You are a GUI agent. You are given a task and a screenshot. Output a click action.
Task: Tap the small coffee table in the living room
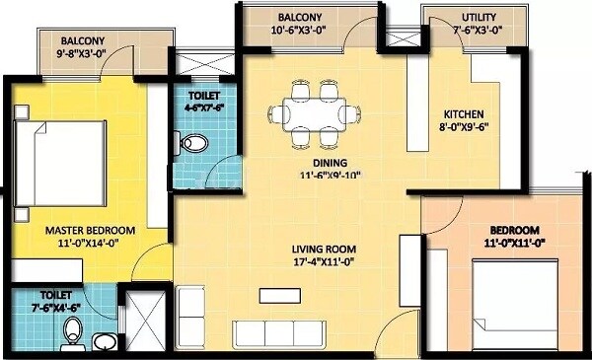(x=275, y=293)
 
